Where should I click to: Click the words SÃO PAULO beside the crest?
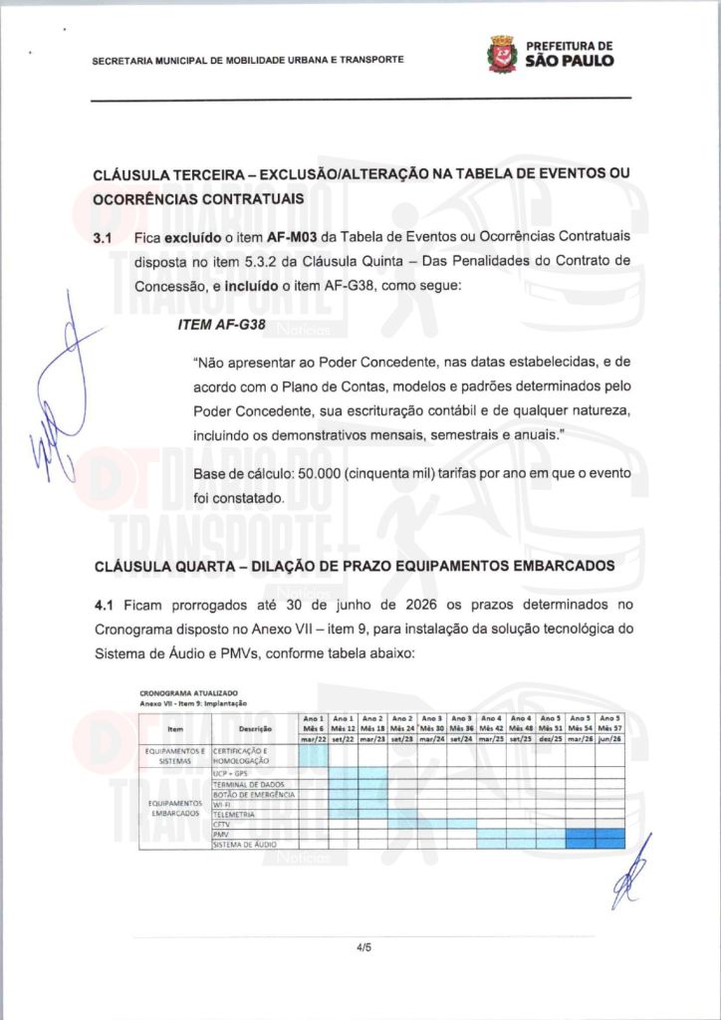(x=570, y=60)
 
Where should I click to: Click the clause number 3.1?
(x=104, y=240)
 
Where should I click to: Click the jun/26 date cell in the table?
(x=609, y=739)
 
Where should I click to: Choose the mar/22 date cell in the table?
(x=314, y=739)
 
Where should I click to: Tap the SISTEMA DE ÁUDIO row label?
(x=245, y=844)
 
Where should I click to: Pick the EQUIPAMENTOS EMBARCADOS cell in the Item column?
(x=175, y=808)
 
